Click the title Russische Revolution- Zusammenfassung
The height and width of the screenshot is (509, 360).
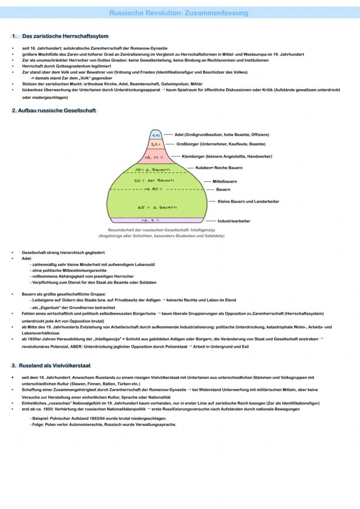179,13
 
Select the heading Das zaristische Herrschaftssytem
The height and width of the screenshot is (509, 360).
65,36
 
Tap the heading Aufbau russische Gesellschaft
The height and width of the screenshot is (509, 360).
57,110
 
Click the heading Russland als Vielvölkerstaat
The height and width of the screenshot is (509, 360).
55,366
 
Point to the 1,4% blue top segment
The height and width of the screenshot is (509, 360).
156,135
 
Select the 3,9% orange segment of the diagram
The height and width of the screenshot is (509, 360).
156,144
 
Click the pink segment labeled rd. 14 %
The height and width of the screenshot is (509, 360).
154,156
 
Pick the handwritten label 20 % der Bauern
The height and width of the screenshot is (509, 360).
154,180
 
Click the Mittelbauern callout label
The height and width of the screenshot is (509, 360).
225,182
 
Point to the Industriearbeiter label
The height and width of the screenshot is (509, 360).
234,221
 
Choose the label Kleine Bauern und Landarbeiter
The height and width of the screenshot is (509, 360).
248,202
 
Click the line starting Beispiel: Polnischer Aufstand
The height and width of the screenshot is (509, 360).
99,418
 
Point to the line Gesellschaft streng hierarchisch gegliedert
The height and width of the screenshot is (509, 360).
63,253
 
